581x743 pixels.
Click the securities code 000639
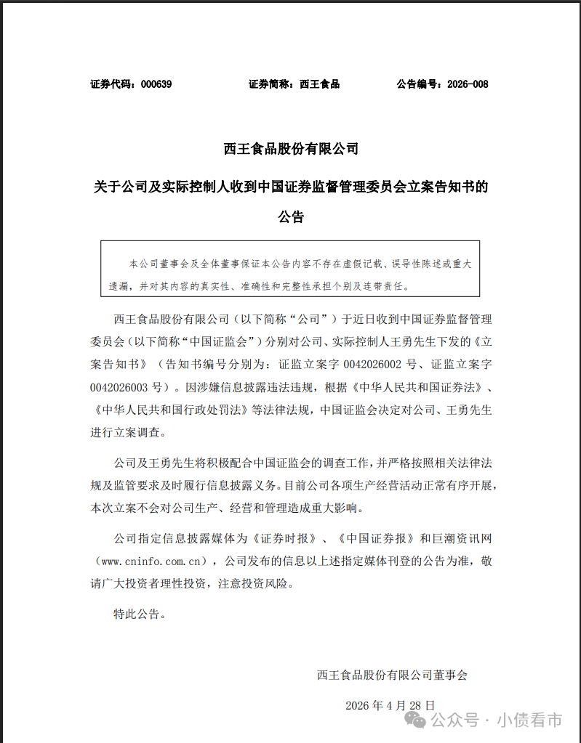point(156,84)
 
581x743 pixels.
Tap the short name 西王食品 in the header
point(320,84)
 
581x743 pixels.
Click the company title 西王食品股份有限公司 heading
point(291,149)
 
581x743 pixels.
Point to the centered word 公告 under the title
point(291,216)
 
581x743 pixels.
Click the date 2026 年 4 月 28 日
point(390,705)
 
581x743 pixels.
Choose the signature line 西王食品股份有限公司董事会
point(392,675)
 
